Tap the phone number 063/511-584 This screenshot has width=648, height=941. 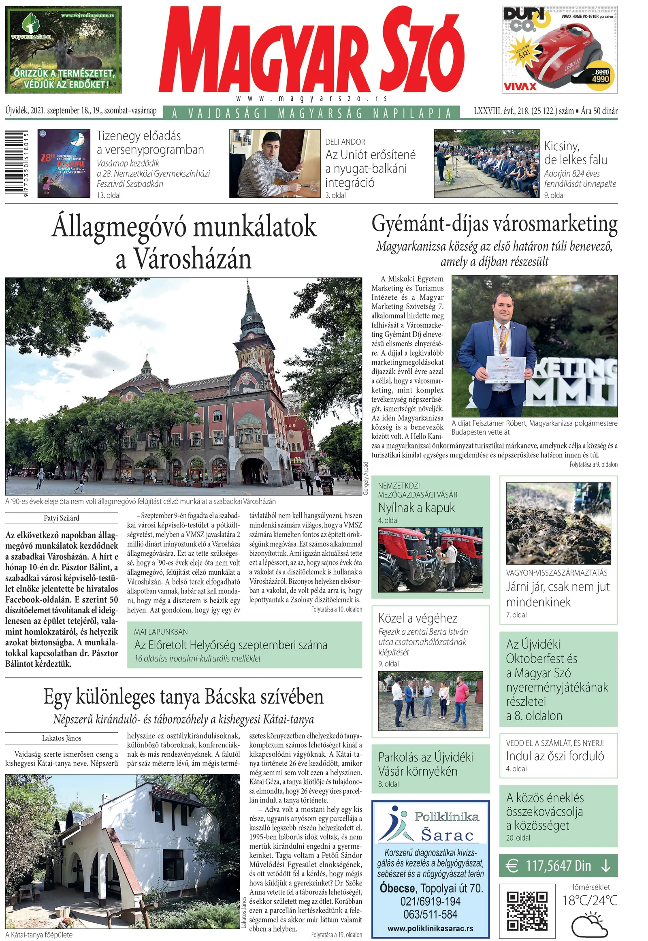tap(430, 914)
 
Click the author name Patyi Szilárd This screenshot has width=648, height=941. tap(62, 518)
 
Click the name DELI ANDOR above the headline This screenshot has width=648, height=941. tap(345, 142)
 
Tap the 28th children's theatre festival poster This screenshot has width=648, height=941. tap(64, 164)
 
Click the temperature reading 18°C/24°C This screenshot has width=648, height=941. tap(590, 900)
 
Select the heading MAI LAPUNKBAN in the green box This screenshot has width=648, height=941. tap(161, 632)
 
